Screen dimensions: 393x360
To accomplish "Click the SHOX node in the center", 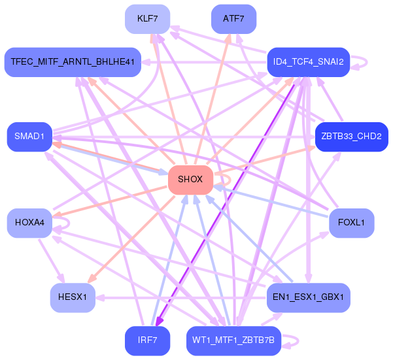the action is [x=190, y=180].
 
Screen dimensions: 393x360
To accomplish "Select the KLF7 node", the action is [x=147, y=19].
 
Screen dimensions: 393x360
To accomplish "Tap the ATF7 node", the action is [x=233, y=19].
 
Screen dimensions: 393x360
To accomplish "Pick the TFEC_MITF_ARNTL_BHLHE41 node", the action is [x=73, y=62].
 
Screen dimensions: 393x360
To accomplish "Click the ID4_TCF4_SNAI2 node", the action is [x=308, y=62].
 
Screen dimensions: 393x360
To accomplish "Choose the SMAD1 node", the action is [x=29, y=137].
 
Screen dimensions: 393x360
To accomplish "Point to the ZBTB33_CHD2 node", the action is [x=351, y=137].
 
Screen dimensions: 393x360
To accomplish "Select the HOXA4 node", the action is [x=29, y=223].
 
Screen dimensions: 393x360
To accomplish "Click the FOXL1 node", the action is [x=351, y=223].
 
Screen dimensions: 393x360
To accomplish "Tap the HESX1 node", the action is [x=73, y=297].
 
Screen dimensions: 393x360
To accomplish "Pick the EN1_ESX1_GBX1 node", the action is [x=308, y=297].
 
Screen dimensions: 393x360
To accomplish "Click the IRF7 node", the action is [x=147, y=340].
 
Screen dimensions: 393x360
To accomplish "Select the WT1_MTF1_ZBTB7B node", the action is [x=233, y=340].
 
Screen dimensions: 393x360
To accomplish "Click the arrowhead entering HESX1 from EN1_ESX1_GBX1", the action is [x=100, y=298].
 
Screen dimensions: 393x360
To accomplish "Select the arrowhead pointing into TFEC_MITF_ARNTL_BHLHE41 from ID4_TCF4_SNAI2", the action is [x=145, y=62].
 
